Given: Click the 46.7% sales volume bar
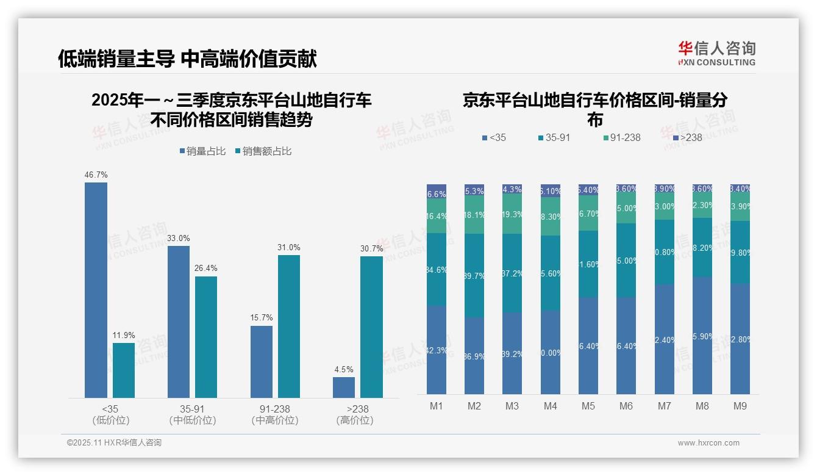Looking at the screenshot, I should [x=96, y=290].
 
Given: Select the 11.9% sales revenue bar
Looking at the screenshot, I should [x=124, y=370].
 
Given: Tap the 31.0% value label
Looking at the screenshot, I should [x=289, y=247].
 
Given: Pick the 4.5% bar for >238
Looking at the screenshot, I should [x=344, y=388].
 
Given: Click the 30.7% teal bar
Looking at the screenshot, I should [x=371, y=327].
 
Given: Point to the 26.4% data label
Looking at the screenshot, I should [x=206, y=268].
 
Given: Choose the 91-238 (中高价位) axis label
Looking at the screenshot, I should [x=275, y=414].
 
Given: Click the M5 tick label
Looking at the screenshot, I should [x=588, y=406].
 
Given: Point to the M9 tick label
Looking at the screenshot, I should [x=740, y=406].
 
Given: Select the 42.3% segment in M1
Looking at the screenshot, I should [x=437, y=350].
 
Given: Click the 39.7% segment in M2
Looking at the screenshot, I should [x=474, y=275].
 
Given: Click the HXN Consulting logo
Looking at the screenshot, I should [x=716, y=53].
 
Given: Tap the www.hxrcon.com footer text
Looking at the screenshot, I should [x=708, y=443].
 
